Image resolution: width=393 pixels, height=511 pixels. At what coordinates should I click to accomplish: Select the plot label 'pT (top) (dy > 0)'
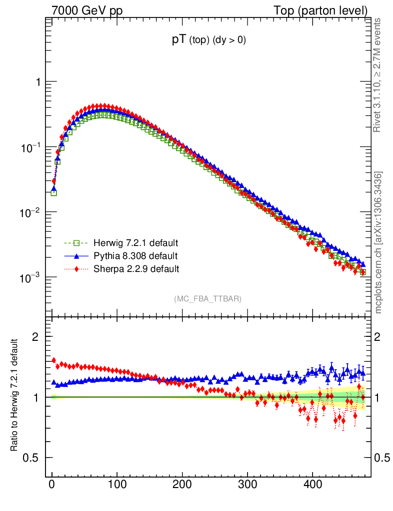(208, 41)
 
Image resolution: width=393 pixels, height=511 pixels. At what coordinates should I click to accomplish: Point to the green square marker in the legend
(76, 244)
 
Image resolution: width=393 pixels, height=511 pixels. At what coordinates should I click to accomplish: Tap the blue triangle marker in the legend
(76, 256)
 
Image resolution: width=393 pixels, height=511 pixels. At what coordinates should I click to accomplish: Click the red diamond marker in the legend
(76, 269)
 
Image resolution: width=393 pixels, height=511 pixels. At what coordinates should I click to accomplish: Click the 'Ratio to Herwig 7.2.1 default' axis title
(14, 396)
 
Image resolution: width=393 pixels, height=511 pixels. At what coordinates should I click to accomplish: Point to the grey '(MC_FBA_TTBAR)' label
(208, 299)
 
